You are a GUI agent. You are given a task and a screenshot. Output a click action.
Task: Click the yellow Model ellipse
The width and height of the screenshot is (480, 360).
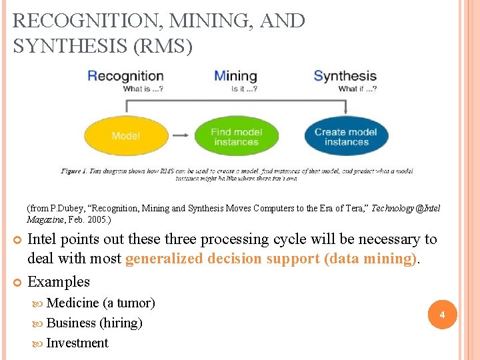pyautogui.click(x=125, y=136)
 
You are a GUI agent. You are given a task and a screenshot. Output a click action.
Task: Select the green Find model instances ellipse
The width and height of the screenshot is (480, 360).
pyautogui.click(x=235, y=137)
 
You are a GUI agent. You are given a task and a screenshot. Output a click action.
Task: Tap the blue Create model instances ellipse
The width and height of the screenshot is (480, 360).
pyautogui.click(x=346, y=137)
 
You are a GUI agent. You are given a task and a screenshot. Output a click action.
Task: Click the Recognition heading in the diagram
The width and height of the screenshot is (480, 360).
pyautogui.click(x=125, y=76)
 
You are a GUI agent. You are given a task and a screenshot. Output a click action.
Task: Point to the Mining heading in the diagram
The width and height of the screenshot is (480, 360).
pyautogui.click(x=235, y=76)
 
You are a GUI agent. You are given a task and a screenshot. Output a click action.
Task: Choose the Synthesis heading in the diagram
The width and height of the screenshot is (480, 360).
pyautogui.click(x=345, y=76)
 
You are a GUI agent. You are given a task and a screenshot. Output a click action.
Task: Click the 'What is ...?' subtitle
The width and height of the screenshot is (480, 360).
pyautogui.click(x=143, y=89)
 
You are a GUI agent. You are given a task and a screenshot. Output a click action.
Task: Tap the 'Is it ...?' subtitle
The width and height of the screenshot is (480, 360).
pyautogui.click(x=243, y=89)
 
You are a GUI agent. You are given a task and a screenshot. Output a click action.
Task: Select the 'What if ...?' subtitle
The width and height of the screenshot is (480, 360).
pyautogui.click(x=357, y=89)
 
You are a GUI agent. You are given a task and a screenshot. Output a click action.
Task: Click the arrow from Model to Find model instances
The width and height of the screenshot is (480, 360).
pyautogui.click(x=180, y=135)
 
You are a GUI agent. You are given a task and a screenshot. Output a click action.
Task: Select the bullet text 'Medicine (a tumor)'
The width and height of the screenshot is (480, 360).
pyautogui.click(x=101, y=303)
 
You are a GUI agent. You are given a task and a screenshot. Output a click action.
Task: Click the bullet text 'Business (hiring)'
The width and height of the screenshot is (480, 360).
pyautogui.click(x=94, y=323)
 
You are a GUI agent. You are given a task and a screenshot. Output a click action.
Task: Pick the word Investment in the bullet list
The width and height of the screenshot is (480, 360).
pyautogui.click(x=77, y=343)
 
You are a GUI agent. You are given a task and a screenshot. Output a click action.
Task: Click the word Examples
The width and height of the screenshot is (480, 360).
pyautogui.click(x=59, y=282)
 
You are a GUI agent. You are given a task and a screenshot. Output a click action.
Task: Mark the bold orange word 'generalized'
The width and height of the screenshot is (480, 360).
pyautogui.click(x=164, y=259)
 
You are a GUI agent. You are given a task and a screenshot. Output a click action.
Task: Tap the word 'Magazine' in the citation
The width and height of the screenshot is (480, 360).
pyautogui.click(x=45, y=219)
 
